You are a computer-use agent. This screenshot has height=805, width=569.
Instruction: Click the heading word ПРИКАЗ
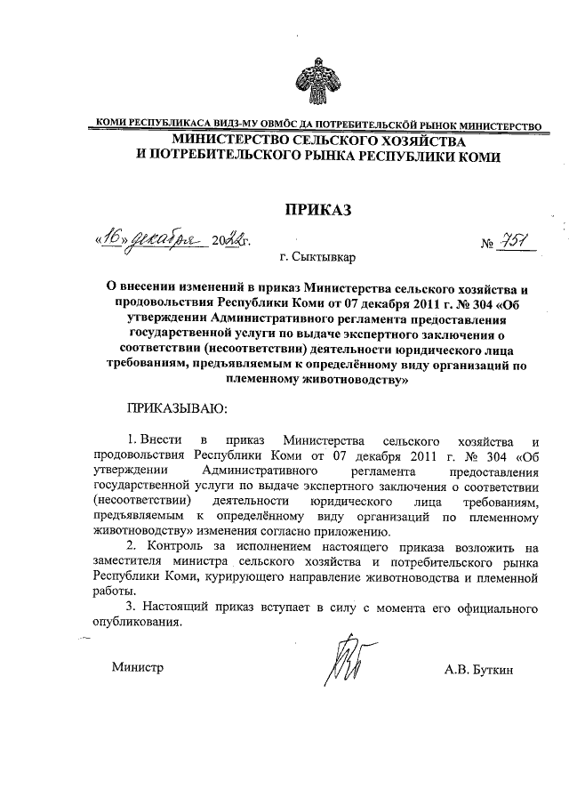point(317,210)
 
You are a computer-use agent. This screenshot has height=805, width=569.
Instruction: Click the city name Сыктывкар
point(323,258)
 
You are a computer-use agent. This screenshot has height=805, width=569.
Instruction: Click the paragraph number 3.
point(132,607)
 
